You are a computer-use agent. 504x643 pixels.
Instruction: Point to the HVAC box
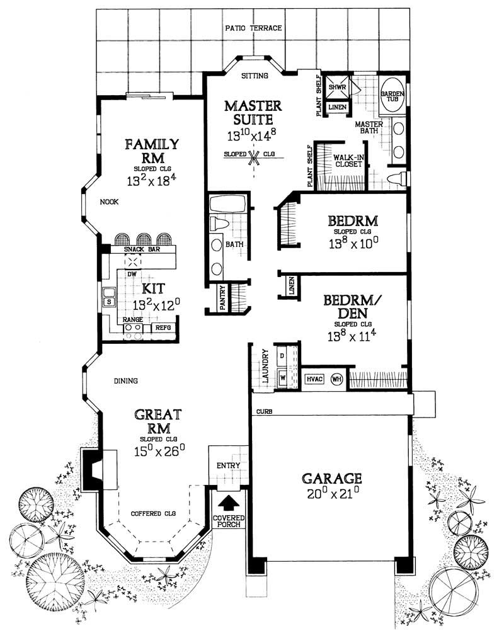tap(315, 379)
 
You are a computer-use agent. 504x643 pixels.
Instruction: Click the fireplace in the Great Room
tap(98, 469)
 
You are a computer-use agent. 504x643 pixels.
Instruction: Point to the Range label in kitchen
tap(132, 320)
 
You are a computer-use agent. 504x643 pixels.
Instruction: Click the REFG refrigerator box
tap(163, 327)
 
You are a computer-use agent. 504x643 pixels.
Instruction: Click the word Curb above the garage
tap(263, 412)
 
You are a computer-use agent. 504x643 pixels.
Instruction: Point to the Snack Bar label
tap(137, 249)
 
